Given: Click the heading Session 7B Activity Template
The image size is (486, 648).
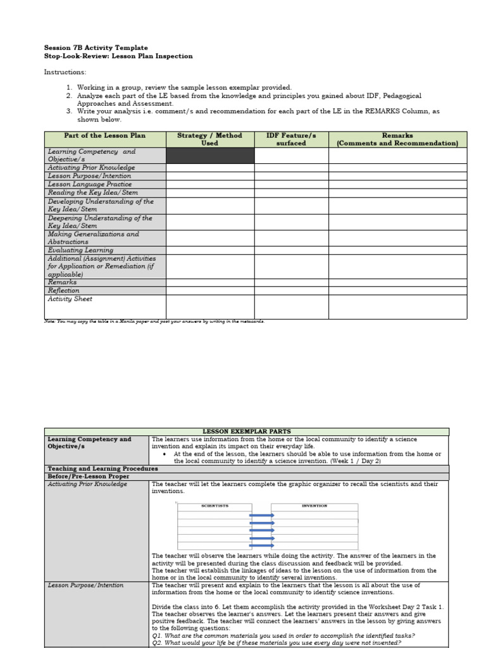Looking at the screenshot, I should (96, 47).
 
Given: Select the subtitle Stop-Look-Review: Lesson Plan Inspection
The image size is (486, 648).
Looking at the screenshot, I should (118, 56).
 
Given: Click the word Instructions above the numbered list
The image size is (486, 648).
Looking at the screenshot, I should (65, 72).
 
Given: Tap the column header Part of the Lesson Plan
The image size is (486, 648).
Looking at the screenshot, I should (104, 135).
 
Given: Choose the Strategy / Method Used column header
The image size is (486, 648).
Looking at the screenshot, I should (209, 139).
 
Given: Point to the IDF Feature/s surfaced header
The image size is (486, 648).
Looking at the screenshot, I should (291, 139).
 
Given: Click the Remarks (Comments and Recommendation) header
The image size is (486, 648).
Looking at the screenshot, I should (397, 139).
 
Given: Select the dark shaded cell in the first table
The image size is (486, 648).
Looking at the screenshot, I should (210, 156).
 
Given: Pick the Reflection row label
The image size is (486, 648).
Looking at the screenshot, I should (64, 290).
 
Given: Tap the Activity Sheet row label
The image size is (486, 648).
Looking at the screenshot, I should (70, 299).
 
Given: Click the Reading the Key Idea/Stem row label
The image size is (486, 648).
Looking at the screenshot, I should (92, 192).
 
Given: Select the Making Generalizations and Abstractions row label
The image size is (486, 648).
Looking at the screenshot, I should (93, 238).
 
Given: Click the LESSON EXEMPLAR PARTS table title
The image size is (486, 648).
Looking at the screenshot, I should (247, 432).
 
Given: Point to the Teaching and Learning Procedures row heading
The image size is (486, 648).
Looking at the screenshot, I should (103, 469).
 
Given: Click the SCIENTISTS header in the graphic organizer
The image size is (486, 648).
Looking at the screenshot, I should (215, 506).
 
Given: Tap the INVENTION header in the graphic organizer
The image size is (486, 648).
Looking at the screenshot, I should (314, 506).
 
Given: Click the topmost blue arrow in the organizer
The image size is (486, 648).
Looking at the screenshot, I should (261, 515).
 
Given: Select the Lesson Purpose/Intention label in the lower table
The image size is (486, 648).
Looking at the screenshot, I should (85, 585).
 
